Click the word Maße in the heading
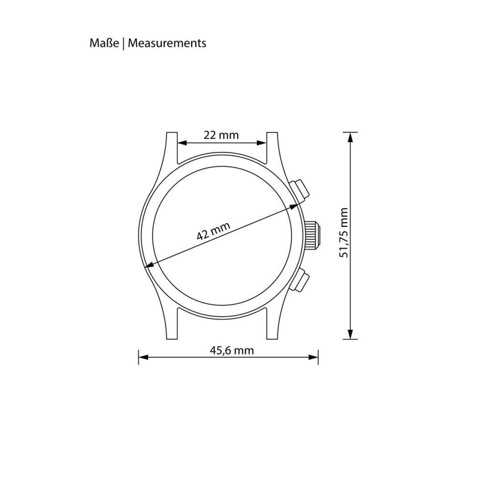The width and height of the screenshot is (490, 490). tap(104, 43)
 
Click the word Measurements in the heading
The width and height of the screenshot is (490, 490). tap(167, 43)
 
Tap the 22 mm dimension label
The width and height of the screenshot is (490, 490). tap(221, 135)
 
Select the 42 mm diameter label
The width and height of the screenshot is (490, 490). tap(214, 231)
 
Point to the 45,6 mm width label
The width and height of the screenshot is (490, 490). tap(232, 350)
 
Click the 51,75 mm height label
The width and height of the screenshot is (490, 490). tap(344, 232)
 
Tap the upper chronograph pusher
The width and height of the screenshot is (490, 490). tap(299, 190)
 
